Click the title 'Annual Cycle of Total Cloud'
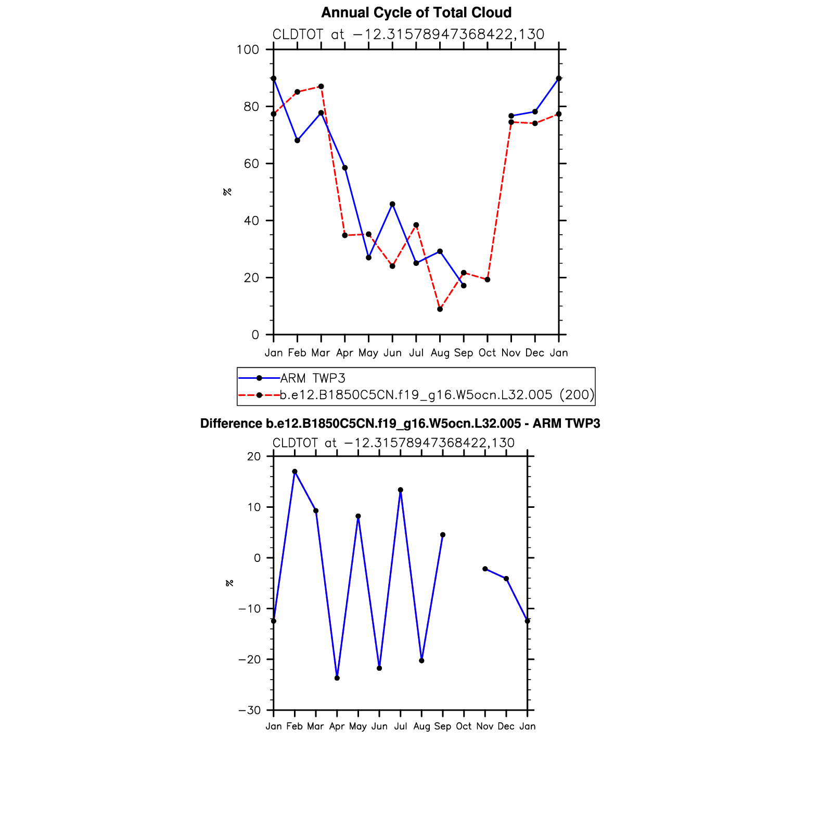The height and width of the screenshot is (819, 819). (x=416, y=12)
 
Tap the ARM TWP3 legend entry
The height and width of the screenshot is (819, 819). (x=312, y=378)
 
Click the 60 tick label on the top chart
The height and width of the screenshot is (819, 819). (x=251, y=164)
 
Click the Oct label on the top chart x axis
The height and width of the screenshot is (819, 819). (x=487, y=353)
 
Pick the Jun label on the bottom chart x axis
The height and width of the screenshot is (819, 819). (x=379, y=726)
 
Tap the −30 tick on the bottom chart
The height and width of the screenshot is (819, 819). (x=249, y=711)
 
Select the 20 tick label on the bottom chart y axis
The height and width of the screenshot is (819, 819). (x=254, y=457)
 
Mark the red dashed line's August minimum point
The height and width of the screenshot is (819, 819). (x=440, y=309)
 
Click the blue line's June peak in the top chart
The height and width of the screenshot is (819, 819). (x=392, y=204)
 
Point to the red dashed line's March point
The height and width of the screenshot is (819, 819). (x=321, y=86)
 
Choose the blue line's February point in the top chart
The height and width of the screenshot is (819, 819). (x=297, y=140)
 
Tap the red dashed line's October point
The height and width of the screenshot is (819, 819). (x=488, y=280)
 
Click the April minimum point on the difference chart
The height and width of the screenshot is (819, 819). (x=337, y=678)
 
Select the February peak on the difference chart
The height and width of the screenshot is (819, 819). (x=295, y=471)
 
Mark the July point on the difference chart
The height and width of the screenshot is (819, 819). (x=401, y=490)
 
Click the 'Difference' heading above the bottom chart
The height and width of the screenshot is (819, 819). (x=400, y=424)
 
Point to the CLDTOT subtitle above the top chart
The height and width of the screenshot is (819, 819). (x=408, y=34)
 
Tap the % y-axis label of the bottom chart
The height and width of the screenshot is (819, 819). (x=229, y=583)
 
